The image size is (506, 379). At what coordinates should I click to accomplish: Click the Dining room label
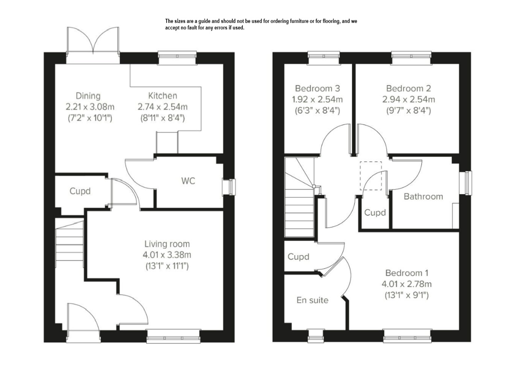tap(88, 96)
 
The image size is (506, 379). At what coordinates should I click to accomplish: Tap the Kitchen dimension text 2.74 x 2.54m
tap(162, 107)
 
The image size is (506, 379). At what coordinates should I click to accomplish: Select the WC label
tap(188, 181)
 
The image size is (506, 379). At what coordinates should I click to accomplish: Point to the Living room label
tap(167, 244)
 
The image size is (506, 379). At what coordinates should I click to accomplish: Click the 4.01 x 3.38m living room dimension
tap(167, 255)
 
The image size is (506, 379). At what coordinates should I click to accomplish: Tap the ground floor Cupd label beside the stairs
tap(80, 191)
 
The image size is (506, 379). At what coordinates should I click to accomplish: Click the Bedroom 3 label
tap(318, 88)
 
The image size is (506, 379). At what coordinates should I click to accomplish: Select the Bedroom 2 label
tap(409, 88)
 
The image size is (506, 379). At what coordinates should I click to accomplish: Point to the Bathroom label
tap(423, 197)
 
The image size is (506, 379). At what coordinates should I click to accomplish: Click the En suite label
tap(312, 300)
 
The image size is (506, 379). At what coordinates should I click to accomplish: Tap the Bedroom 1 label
tap(406, 273)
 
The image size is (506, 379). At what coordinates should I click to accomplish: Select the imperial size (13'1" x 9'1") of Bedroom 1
tap(406, 295)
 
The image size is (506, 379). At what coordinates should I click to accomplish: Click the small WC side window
tap(229, 187)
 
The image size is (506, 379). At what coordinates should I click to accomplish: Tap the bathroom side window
tap(466, 183)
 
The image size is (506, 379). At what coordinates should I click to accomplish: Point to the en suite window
tap(316, 336)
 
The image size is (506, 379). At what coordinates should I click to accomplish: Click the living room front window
tap(173, 336)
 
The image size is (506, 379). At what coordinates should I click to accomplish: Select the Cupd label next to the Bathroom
tap(375, 213)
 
